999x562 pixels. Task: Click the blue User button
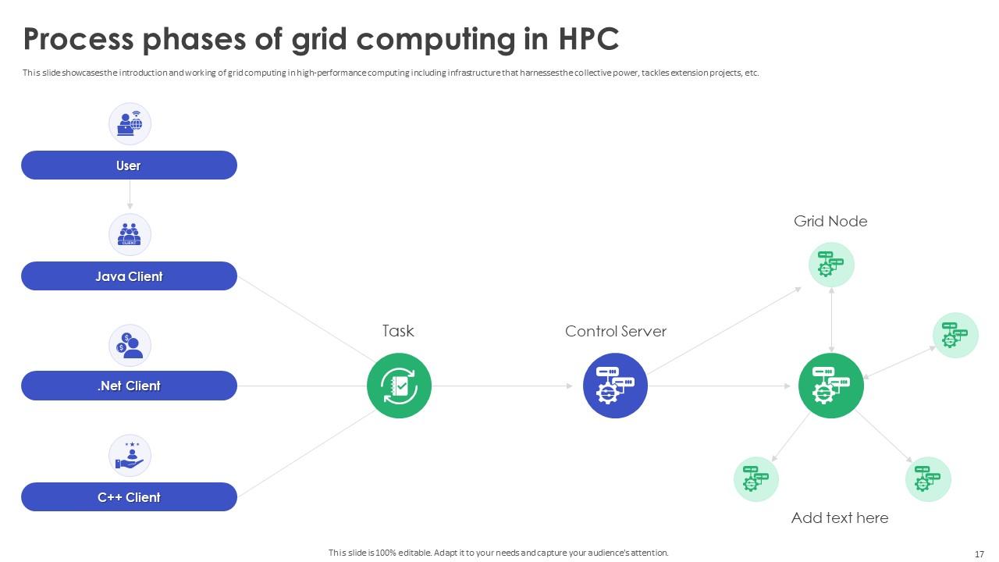(129, 165)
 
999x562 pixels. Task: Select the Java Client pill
(129, 276)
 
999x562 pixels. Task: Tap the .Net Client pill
(129, 386)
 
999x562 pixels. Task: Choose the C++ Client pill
(129, 497)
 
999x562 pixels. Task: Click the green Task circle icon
(399, 386)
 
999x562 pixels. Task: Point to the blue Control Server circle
(615, 386)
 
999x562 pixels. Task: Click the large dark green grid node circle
(830, 386)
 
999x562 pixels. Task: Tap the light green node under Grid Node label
(831, 265)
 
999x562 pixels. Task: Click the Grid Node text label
(830, 221)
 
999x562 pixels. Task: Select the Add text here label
(840, 518)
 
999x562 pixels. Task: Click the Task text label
(398, 331)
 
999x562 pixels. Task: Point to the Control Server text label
(616, 331)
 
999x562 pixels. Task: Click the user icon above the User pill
(130, 123)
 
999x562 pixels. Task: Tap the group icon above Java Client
(130, 234)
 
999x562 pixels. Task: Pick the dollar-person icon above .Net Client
(130, 345)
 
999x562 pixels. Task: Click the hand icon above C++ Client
(130, 455)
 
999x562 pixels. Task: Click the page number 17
(979, 554)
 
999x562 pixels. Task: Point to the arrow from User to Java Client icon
(130, 195)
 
